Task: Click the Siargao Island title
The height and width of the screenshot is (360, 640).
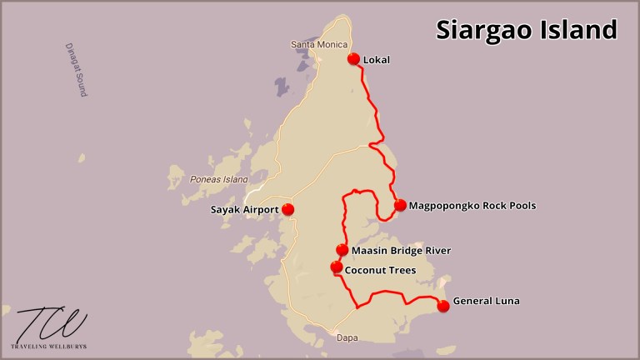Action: coord(527,30)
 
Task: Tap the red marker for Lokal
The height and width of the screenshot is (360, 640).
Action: coord(353,59)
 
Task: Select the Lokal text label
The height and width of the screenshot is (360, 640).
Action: coord(377,60)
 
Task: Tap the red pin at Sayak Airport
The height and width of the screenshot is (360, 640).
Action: coord(288,209)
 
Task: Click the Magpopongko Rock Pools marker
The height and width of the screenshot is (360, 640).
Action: coord(400,205)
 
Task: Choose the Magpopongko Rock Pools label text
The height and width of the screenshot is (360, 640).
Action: coord(472,206)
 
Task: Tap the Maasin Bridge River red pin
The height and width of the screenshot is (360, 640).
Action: coord(342,250)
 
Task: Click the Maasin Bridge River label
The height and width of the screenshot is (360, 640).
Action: coord(401,251)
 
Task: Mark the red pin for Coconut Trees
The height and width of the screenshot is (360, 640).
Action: coord(336,267)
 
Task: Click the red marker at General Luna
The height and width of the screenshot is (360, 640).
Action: coord(443,306)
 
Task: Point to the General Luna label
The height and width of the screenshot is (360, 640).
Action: coord(486,301)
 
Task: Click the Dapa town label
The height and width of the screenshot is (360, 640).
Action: coord(347,338)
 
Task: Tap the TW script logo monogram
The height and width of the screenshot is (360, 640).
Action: coord(51,324)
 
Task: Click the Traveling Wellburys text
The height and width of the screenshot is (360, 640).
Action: coord(51,346)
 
